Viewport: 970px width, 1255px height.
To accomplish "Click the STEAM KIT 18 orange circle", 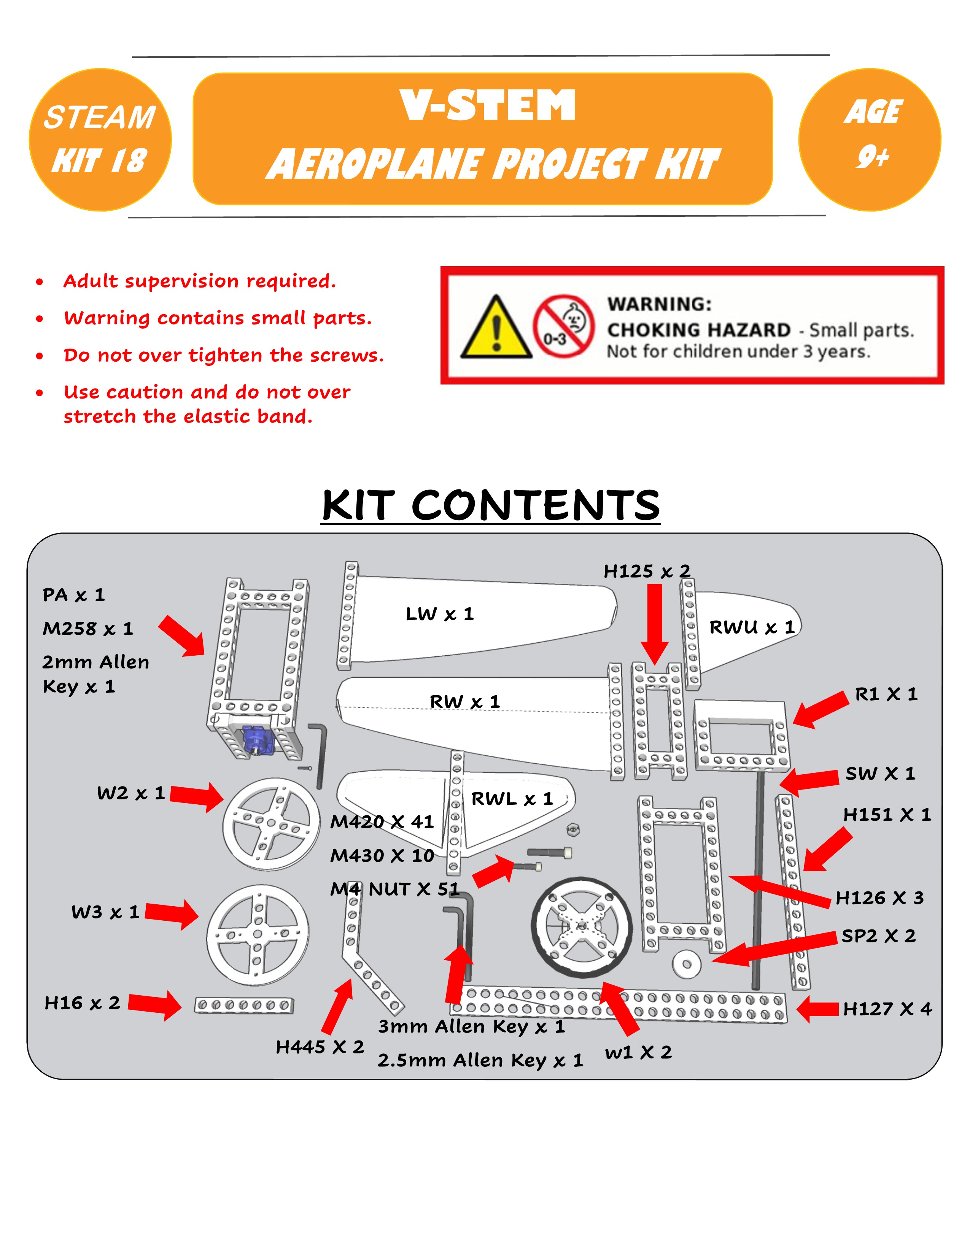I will pyautogui.click(x=100, y=140).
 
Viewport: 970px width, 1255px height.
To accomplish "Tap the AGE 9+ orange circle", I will pyautogui.click(x=870, y=140).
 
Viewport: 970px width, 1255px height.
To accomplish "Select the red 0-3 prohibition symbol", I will pyautogui.click(x=563, y=326).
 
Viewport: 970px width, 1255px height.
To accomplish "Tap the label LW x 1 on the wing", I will pyautogui.click(x=440, y=614).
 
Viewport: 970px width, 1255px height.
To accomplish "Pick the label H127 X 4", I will pyautogui.click(x=887, y=1009).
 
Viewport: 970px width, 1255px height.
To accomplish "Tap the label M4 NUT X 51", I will pyautogui.click(x=395, y=889).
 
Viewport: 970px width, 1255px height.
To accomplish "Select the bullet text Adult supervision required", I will pyautogui.click(x=199, y=281).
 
